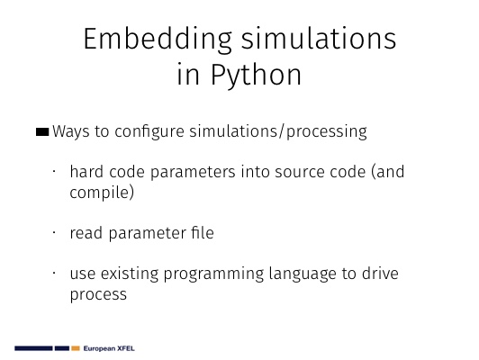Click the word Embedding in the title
[x=158, y=40]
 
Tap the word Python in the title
[x=256, y=76]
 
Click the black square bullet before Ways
[x=42, y=132]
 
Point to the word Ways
[x=71, y=131]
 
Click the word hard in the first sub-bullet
[x=86, y=171]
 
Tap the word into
[x=255, y=171]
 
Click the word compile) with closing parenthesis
[x=102, y=193]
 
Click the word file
[x=203, y=233]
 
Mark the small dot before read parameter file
[x=54, y=233]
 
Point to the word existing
[x=130, y=274]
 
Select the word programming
[x=213, y=274]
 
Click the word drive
[x=380, y=274]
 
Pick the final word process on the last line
[x=98, y=295]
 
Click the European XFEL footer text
[x=109, y=348]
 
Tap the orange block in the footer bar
[x=76, y=348]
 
